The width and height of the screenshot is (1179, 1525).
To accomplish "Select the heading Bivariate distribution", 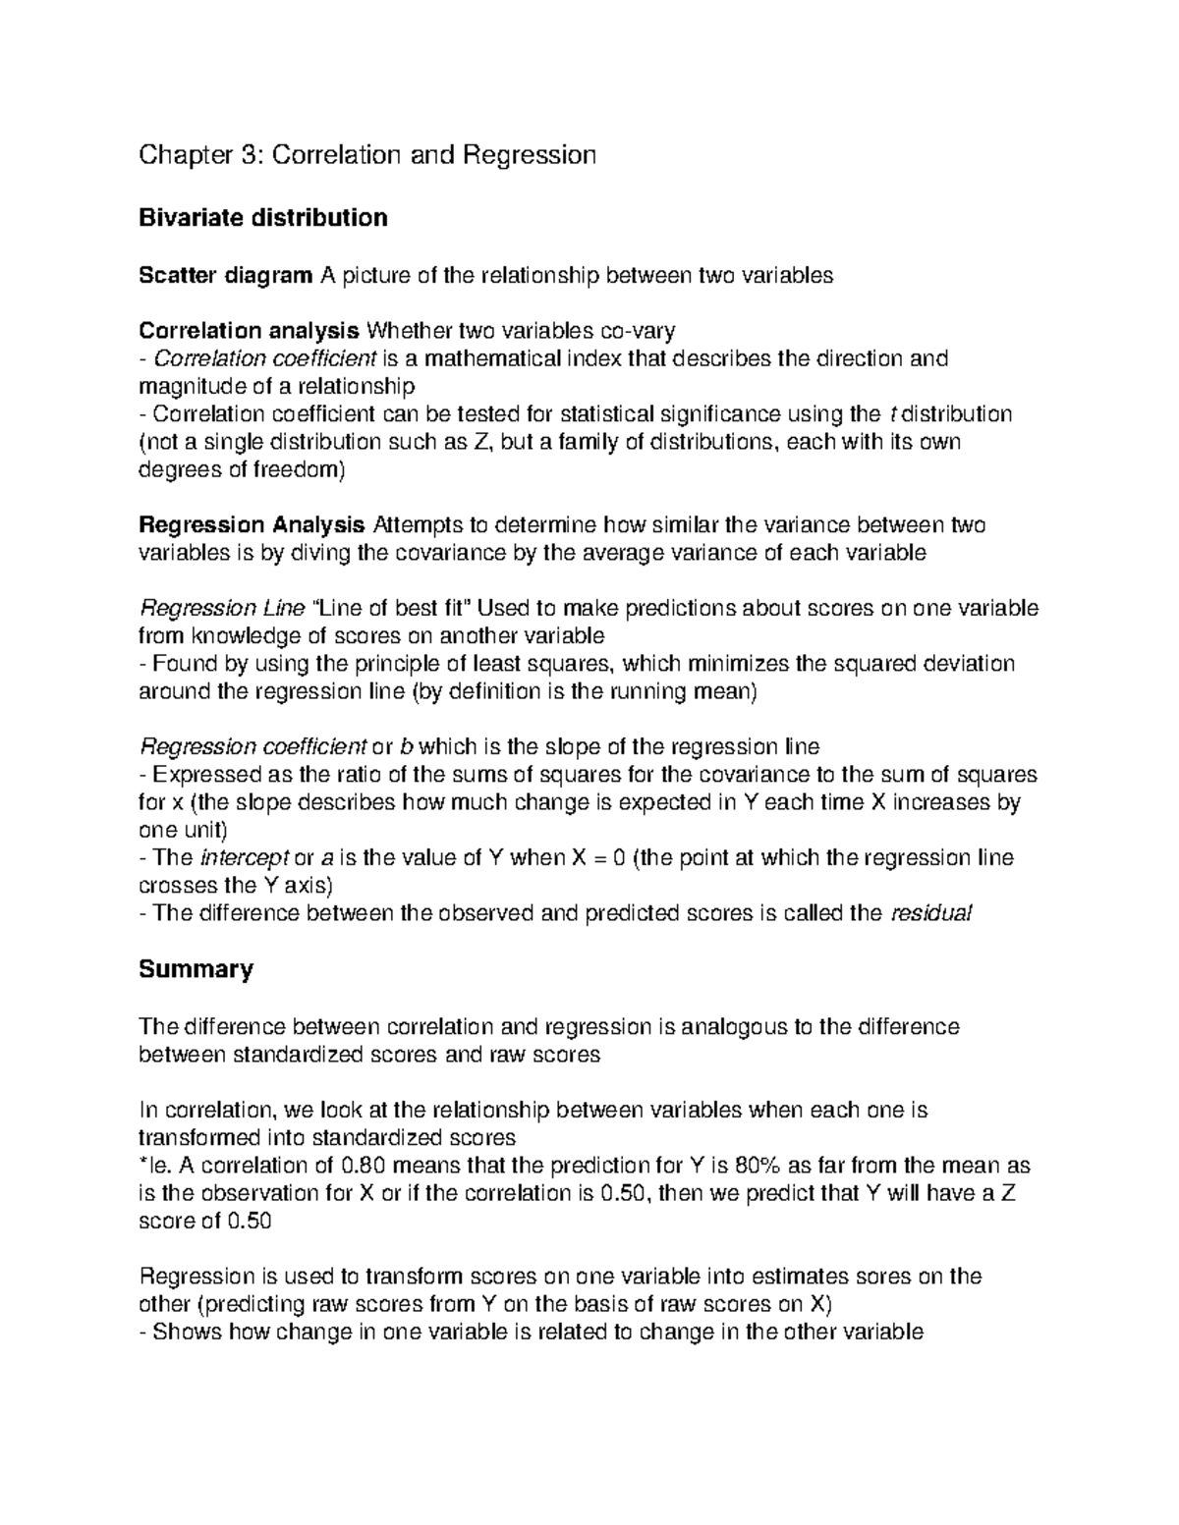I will click(263, 218).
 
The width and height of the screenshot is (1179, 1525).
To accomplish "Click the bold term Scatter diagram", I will click(225, 275).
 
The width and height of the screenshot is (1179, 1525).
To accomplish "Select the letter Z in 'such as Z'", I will click(480, 442).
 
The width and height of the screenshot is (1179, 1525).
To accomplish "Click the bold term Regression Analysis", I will click(253, 525).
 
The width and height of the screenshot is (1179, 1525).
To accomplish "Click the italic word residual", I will click(929, 914).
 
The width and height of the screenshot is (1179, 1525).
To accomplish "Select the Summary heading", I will click(196, 970).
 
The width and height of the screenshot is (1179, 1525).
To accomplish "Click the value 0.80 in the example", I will click(364, 1167).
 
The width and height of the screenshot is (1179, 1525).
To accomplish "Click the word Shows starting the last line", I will click(188, 1333).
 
